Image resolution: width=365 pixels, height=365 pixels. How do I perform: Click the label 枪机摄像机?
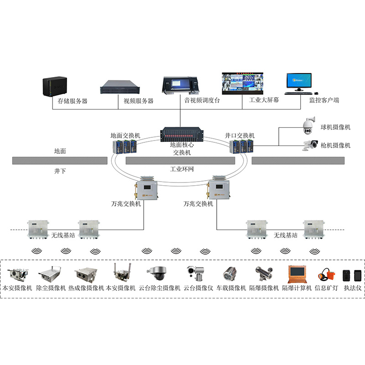click(335, 146)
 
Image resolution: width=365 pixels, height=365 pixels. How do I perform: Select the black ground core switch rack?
click(181, 136)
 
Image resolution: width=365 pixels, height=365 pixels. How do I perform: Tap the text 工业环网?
click(182, 169)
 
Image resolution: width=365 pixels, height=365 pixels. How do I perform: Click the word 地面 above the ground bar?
click(60, 151)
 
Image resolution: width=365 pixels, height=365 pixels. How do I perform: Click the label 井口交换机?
click(240, 136)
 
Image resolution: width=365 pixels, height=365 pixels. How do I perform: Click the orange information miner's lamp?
click(325, 275)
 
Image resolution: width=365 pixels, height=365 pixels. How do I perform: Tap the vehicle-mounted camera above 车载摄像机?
click(229, 274)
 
